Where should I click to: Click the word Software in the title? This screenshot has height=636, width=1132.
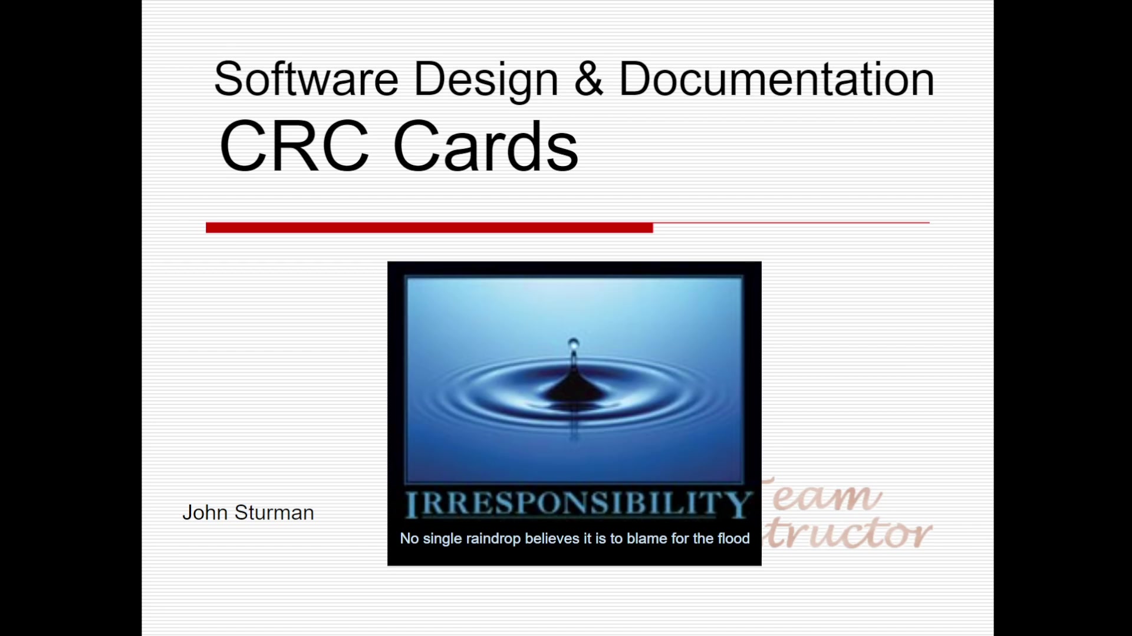pos(306,79)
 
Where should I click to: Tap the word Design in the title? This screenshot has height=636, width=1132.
pos(486,79)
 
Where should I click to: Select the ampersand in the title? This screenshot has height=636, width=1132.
pos(588,79)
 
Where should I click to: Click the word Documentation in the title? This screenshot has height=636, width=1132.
pos(776,79)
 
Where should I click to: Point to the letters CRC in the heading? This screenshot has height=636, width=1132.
pos(294,146)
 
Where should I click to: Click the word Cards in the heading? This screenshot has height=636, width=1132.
pos(485,146)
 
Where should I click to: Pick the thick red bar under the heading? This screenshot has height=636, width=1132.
pos(429,227)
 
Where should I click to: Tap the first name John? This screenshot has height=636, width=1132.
pos(205,513)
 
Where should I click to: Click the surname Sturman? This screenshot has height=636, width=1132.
pos(274,513)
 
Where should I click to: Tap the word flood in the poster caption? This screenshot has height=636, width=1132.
pos(733,538)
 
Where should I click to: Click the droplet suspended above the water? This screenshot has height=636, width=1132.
pos(573,343)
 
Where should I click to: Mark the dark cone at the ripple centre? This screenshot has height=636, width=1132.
pos(572,389)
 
